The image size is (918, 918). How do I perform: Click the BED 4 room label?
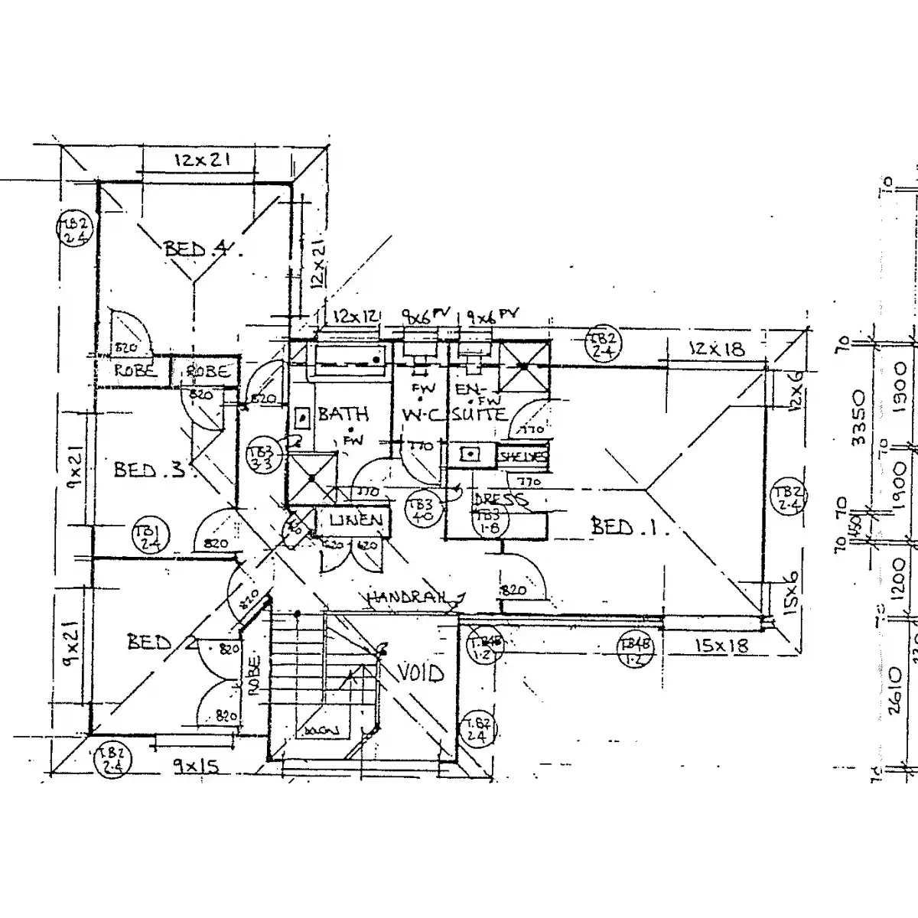point(197,249)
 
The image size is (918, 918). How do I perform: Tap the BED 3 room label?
point(150,469)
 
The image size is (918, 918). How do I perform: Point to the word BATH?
point(343,415)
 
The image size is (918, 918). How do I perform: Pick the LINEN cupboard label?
point(356,520)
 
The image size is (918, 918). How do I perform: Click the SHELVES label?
point(524,456)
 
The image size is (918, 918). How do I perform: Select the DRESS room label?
point(501,500)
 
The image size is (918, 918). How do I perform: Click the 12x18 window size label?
point(716,349)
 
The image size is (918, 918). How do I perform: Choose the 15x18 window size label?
point(721,646)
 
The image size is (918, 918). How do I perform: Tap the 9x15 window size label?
point(195,763)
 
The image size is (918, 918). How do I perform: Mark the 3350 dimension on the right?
point(858,418)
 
